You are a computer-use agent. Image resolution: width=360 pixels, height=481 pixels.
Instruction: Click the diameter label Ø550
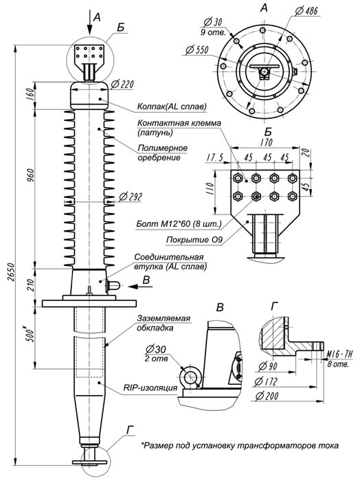click(x=199, y=50)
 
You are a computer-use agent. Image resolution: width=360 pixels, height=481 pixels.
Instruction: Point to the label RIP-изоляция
click(x=153, y=389)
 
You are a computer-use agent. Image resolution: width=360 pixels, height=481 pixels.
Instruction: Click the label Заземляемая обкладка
click(x=164, y=323)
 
